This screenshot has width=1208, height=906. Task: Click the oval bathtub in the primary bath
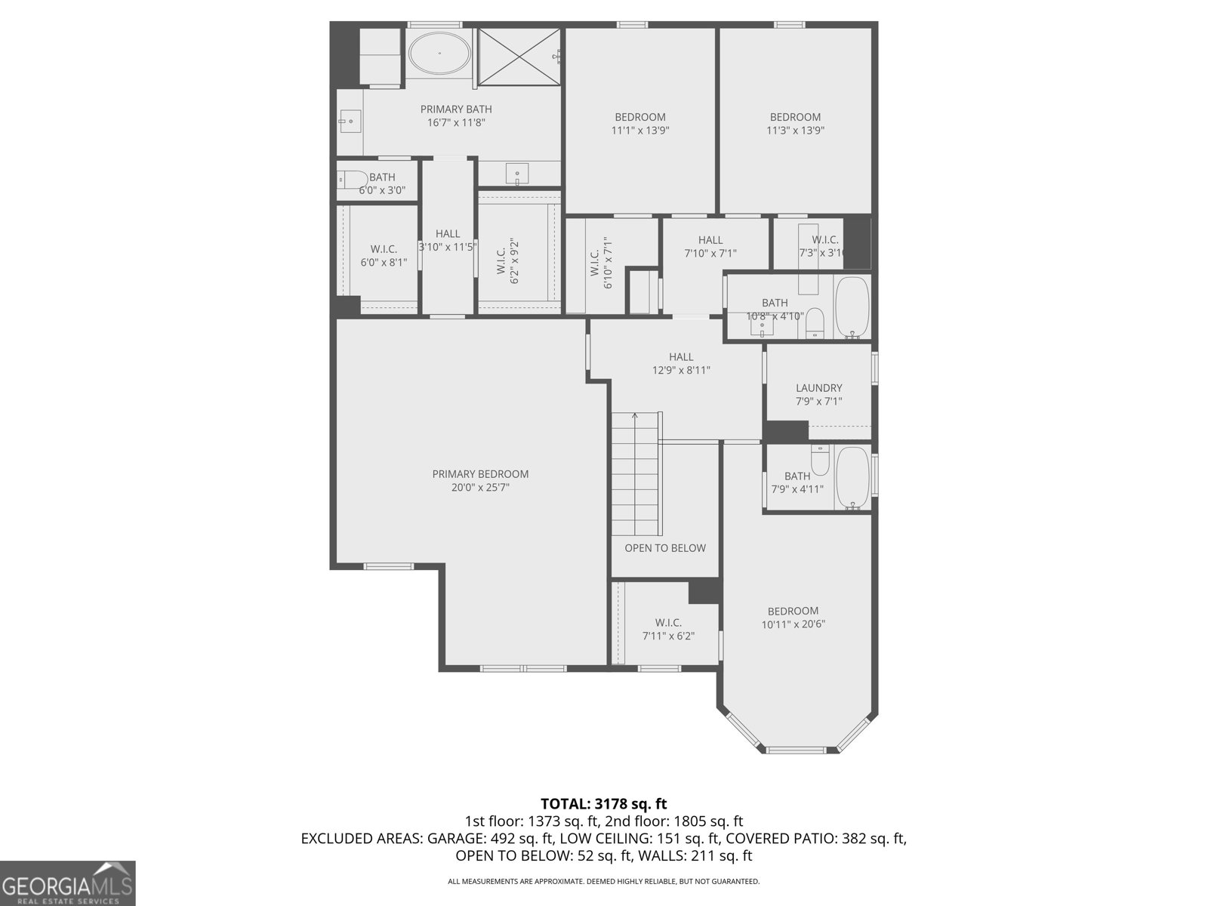440,54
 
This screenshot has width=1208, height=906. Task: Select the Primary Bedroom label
480,474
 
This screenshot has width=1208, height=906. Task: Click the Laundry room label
818,388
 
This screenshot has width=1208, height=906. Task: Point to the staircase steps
636,476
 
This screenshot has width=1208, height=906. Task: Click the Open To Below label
665,548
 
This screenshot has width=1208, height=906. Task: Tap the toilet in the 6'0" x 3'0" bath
352,180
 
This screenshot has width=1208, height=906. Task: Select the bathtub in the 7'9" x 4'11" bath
853,478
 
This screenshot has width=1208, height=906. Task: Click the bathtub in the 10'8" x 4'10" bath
853,307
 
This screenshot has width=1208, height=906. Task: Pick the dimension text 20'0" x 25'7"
480,488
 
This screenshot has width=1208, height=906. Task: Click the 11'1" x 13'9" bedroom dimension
640,130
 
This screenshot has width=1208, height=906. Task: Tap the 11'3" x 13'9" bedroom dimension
795,130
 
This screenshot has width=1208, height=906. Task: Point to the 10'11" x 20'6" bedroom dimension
793,624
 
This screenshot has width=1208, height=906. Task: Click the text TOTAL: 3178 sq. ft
604,804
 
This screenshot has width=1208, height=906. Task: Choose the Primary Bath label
456,109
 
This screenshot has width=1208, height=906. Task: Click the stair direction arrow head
636,414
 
